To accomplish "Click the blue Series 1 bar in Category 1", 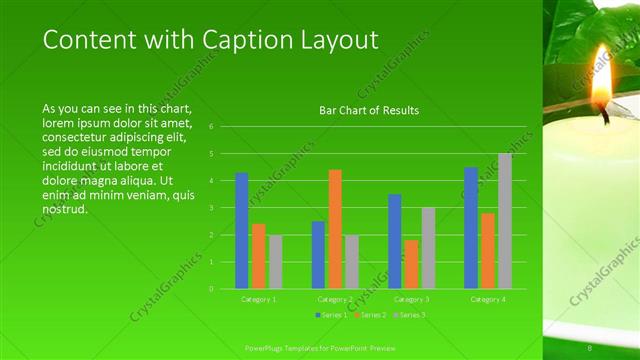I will point(242,231).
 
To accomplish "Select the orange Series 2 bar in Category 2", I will point(335,229).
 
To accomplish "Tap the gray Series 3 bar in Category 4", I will point(505,221).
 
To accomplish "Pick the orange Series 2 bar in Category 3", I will point(411,264).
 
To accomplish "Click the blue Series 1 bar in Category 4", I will point(471,228).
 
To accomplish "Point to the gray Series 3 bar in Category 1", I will point(275,262).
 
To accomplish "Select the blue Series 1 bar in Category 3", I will point(395,241).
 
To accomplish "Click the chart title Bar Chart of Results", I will point(369,110).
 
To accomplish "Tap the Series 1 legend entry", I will point(333,315).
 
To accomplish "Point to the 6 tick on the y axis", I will point(211,127).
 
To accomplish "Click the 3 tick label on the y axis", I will point(211,208).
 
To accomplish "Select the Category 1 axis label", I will point(259,299).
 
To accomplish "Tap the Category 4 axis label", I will point(487,299).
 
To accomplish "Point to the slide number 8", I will point(590,348).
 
